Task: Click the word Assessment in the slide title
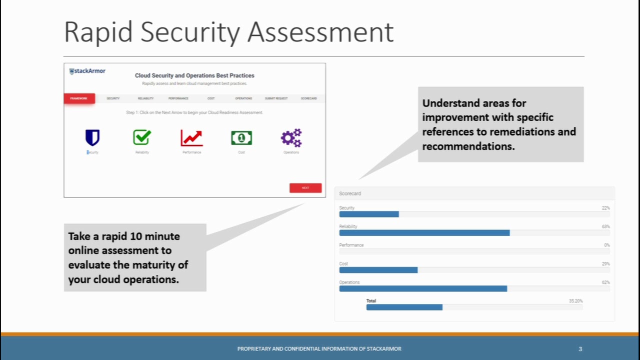click(320, 32)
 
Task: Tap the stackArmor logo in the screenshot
click(87, 71)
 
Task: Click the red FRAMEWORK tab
click(79, 98)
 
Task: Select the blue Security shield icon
click(92, 137)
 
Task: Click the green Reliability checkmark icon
click(142, 137)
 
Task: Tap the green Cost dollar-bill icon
click(241, 137)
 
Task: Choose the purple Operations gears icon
click(291, 137)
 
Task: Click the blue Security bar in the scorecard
click(369, 214)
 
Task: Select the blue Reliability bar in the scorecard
click(424, 233)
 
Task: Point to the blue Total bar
click(404, 307)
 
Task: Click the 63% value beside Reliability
click(605, 226)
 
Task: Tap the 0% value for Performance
click(606, 245)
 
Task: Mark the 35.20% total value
click(575, 301)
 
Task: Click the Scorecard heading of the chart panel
click(350, 193)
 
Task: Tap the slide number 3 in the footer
click(580, 349)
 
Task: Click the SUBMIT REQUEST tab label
click(276, 98)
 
